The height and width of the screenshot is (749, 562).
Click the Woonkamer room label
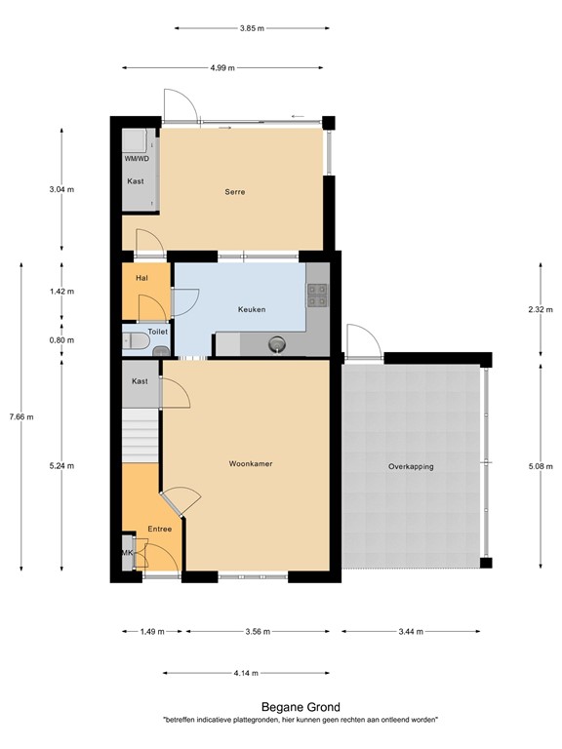tap(251, 463)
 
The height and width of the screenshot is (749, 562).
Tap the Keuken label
tap(252, 309)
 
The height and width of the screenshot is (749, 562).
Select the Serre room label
tap(232, 192)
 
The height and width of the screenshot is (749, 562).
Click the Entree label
tap(159, 529)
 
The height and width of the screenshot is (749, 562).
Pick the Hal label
tap(141, 278)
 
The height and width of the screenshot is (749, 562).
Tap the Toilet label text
tap(158, 332)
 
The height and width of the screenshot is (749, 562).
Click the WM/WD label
tap(137, 158)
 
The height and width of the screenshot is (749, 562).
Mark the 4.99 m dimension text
tap(224, 68)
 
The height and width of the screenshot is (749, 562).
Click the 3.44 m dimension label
tap(410, 632)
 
